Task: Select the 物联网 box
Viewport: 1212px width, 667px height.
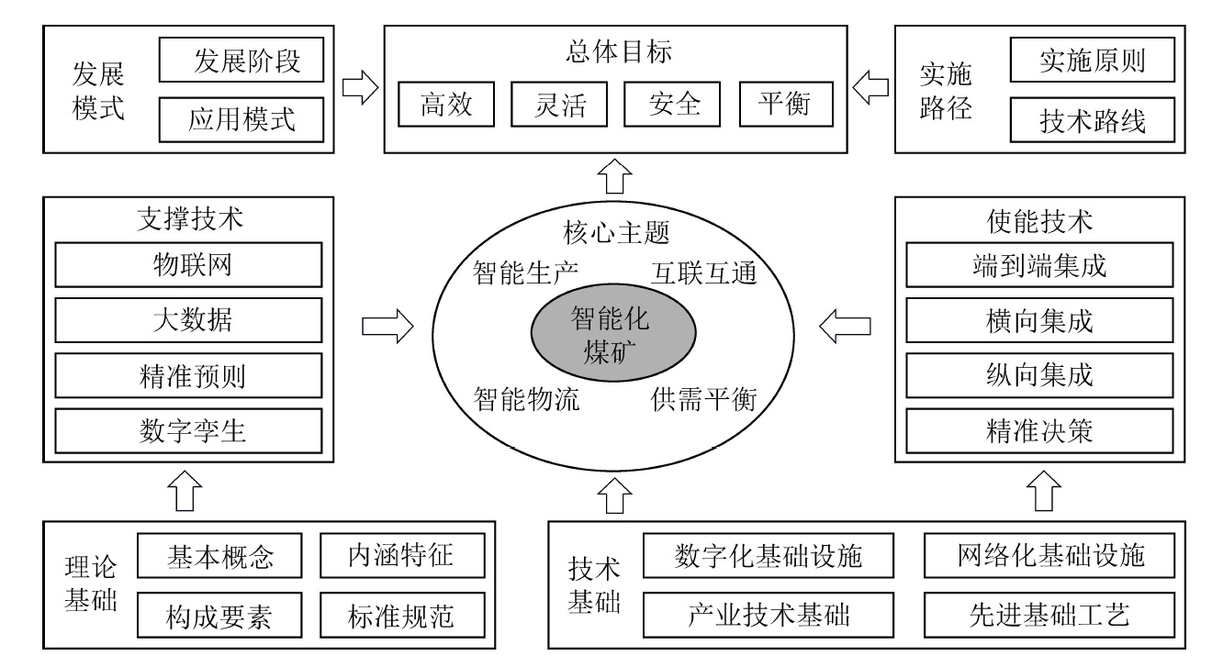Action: pos(189,266)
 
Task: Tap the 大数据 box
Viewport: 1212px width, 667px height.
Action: pos(189,320)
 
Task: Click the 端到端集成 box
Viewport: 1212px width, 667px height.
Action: pos(1039,266)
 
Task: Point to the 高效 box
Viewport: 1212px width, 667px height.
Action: pos(446,105)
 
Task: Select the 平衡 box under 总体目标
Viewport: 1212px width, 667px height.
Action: pos(785,105)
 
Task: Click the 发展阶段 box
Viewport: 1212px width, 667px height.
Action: pos(242,62)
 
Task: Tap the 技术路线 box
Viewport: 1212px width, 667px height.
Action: pos(1092,119)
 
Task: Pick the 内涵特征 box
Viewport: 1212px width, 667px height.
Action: pos(401,555)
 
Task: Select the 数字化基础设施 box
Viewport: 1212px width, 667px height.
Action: pos(769,555)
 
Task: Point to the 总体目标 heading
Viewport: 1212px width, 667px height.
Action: pos(615,51)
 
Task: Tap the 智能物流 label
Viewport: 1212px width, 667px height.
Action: pos(526,399)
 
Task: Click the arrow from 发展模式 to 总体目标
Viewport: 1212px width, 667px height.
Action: pos(360,89)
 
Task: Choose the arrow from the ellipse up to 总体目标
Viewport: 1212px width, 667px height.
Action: pos(615,172)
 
